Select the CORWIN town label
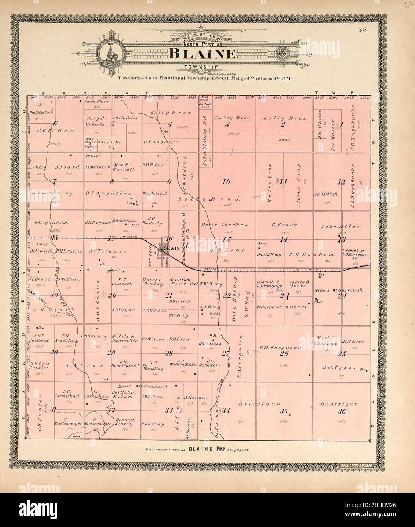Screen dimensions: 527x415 (169, 248)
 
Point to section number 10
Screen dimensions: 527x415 (226, 182)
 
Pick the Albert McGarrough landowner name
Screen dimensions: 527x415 (338, 290)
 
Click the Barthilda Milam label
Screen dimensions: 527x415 (122, 394)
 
